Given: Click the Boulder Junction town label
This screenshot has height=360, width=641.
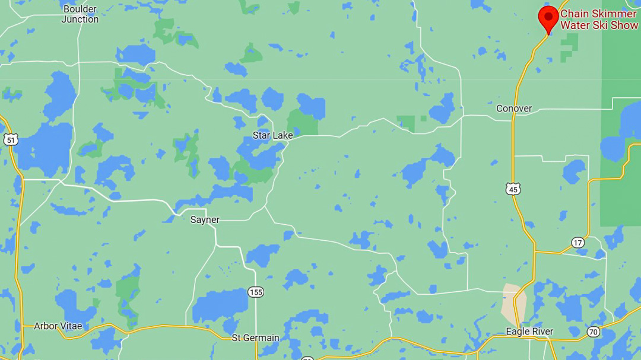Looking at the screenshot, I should pyautogui.click(x=80, y=14).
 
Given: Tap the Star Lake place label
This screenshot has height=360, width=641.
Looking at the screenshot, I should pyautogui.click(x=272, y=135).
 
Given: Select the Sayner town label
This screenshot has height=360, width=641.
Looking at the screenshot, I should pyautogui.click(x=205, y=219).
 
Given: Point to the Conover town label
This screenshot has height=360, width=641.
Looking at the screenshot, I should pyautogui.click(x=514, y=109).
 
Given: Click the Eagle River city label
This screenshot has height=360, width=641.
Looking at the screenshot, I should pyautogui.click(x=529, y=332).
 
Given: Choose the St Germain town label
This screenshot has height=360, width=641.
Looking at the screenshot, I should pyautogui.click(x=255, y=338).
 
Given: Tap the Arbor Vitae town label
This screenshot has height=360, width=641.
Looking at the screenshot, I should pyautogui.click(x=58, y=326).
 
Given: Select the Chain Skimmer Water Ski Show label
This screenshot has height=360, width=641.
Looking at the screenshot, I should pyautogui.click(x=598, y=19).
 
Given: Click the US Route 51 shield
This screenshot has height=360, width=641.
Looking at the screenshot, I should pyautogui.click(x=10, y=139).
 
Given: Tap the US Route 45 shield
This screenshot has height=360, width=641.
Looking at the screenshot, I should pyautogui.click(x=513, y=189).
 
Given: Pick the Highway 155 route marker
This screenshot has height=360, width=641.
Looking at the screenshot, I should pyautogui.click(x=256, y=292).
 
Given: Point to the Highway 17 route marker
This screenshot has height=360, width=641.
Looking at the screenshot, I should pyautogui.click(x=578, y=242).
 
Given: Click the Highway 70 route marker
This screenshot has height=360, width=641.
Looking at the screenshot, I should pyautogui.click(x=593, y=332).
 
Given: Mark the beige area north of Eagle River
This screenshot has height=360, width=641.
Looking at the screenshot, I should pyautogui.click(x=513, y=302).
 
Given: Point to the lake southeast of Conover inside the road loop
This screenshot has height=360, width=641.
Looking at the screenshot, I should pyautogui.click(x=573, y=171).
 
